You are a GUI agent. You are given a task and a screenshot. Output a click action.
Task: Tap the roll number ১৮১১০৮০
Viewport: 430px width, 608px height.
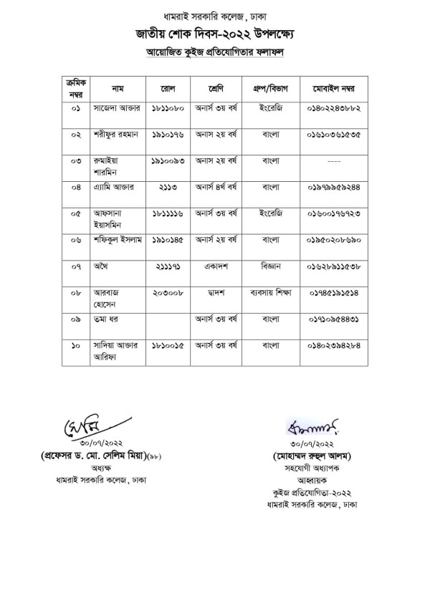pyautogui.click(x=168, y=112)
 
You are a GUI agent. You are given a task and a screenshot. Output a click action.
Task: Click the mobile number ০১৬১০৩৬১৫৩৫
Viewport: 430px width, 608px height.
pyautogui.click(x=335, y=135)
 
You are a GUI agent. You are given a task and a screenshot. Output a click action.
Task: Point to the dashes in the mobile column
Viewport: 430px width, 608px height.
pyautogui.click(x=334, y=162)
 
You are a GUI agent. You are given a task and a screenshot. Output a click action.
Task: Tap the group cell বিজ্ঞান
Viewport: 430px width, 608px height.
pyautogui.click(x=274, y=266)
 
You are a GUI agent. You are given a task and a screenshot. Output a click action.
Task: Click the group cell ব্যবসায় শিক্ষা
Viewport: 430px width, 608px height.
pyautogui.click(x=274, y=292)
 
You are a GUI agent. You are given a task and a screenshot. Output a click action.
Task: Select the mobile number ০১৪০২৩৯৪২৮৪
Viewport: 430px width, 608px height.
pyautogui.click(x=335, y=344)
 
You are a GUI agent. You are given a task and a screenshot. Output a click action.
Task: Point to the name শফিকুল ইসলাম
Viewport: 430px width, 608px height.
pyautogui.click(x=119, y=239)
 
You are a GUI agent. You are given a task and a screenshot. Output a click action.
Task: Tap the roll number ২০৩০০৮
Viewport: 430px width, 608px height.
pyautogui.click(x=168, y=292)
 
